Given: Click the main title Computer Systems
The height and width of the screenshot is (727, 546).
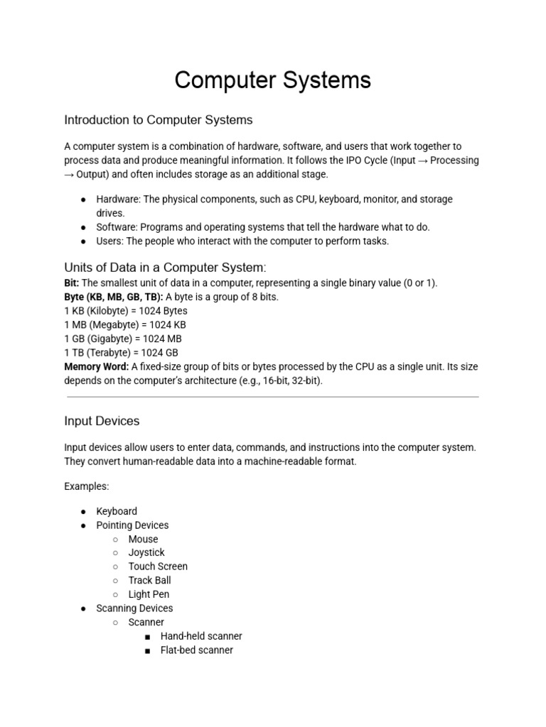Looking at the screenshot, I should click(273, 80).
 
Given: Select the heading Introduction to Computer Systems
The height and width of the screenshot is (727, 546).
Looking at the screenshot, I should click(158, 119).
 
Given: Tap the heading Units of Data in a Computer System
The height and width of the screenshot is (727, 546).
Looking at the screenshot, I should click(165, 268).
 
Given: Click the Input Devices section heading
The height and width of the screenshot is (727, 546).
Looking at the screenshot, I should click(102, 421).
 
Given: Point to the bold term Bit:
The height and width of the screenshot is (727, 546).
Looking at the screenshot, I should click(72, 283).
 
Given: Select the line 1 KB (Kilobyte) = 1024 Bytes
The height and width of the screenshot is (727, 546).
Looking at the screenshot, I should click(126, 311).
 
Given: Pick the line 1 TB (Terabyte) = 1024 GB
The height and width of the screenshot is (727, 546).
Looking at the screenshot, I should click(121, 352).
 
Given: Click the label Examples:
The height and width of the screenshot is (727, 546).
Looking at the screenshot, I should click(87, 487).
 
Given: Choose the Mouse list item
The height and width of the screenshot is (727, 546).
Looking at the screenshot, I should click(143, 539).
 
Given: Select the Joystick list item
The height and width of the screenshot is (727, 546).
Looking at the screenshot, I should click(146, 552).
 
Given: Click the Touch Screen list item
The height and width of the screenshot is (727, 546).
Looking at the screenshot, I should click(158, 567).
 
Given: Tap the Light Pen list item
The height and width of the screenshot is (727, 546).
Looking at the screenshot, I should click(149, 594).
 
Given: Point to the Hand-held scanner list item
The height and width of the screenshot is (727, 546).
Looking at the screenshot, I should click(201, 636).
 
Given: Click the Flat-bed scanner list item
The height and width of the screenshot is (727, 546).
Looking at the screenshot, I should click(196, 650).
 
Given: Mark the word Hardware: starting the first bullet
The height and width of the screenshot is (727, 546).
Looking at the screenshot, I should click(118, 199).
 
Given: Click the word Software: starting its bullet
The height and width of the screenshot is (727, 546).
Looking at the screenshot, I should click(117, 227).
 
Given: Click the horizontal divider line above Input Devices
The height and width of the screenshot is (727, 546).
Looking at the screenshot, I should click(273, 397).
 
